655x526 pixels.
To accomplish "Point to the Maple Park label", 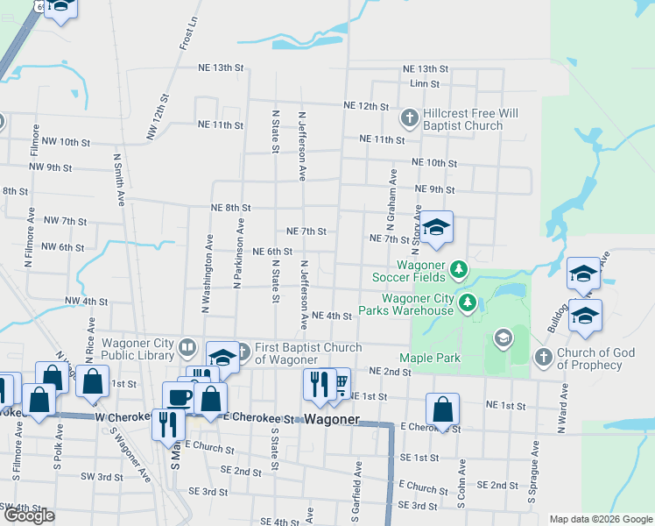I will (x=430, y=358).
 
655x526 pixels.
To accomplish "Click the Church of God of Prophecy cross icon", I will (x=543, y=357).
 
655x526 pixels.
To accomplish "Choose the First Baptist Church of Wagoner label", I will (x=307, y=353).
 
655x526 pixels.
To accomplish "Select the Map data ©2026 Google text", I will (x=600, y=519).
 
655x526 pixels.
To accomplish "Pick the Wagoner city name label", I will (x=332, y=419).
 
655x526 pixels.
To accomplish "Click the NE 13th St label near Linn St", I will (x=425, y=68).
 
